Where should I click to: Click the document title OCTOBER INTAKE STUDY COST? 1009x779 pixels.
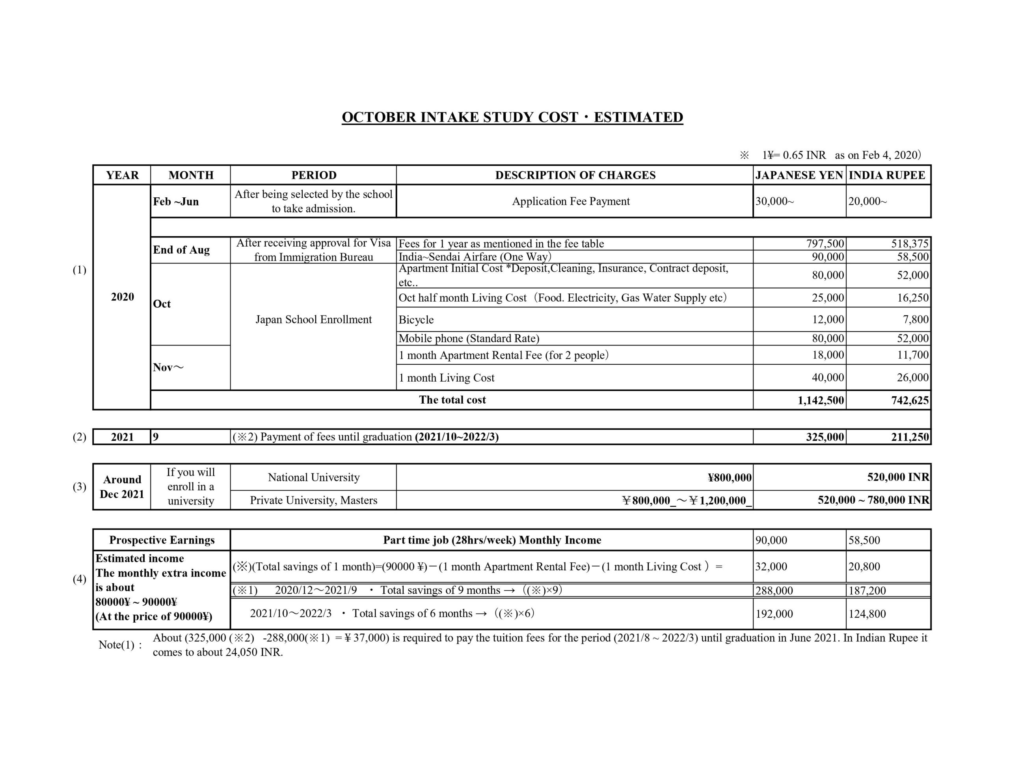[x=512, y=117]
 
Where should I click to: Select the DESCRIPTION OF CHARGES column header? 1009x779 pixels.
[x=575, y=175]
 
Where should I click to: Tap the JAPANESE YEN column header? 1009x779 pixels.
[x=799, y=175]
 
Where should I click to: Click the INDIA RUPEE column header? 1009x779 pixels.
[x=887, y=175]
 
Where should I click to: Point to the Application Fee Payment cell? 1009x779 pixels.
[x=571, y=201]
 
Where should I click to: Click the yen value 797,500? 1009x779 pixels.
[x=825, y=243]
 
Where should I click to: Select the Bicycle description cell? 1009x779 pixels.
[x=416, y=319]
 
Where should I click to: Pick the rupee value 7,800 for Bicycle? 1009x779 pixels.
[x=916, y=319]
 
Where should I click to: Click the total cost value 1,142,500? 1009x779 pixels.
[x=821, y=401]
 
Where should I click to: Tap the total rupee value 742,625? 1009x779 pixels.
[x=910, y=401]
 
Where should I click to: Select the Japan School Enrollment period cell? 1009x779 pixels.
[x=313, y=319]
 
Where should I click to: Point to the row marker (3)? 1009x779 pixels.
[x=80, y=487]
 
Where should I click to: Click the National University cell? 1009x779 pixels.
[x=313, y=477]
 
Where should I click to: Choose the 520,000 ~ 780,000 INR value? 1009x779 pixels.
[x=873, y=500]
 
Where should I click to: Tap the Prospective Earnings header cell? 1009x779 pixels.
[x=162, y=540]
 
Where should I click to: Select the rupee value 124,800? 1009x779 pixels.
[x=867, y=614]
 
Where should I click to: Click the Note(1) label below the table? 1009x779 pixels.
[x=120, y=645]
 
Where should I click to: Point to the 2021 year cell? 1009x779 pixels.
[x=122, y=437]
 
